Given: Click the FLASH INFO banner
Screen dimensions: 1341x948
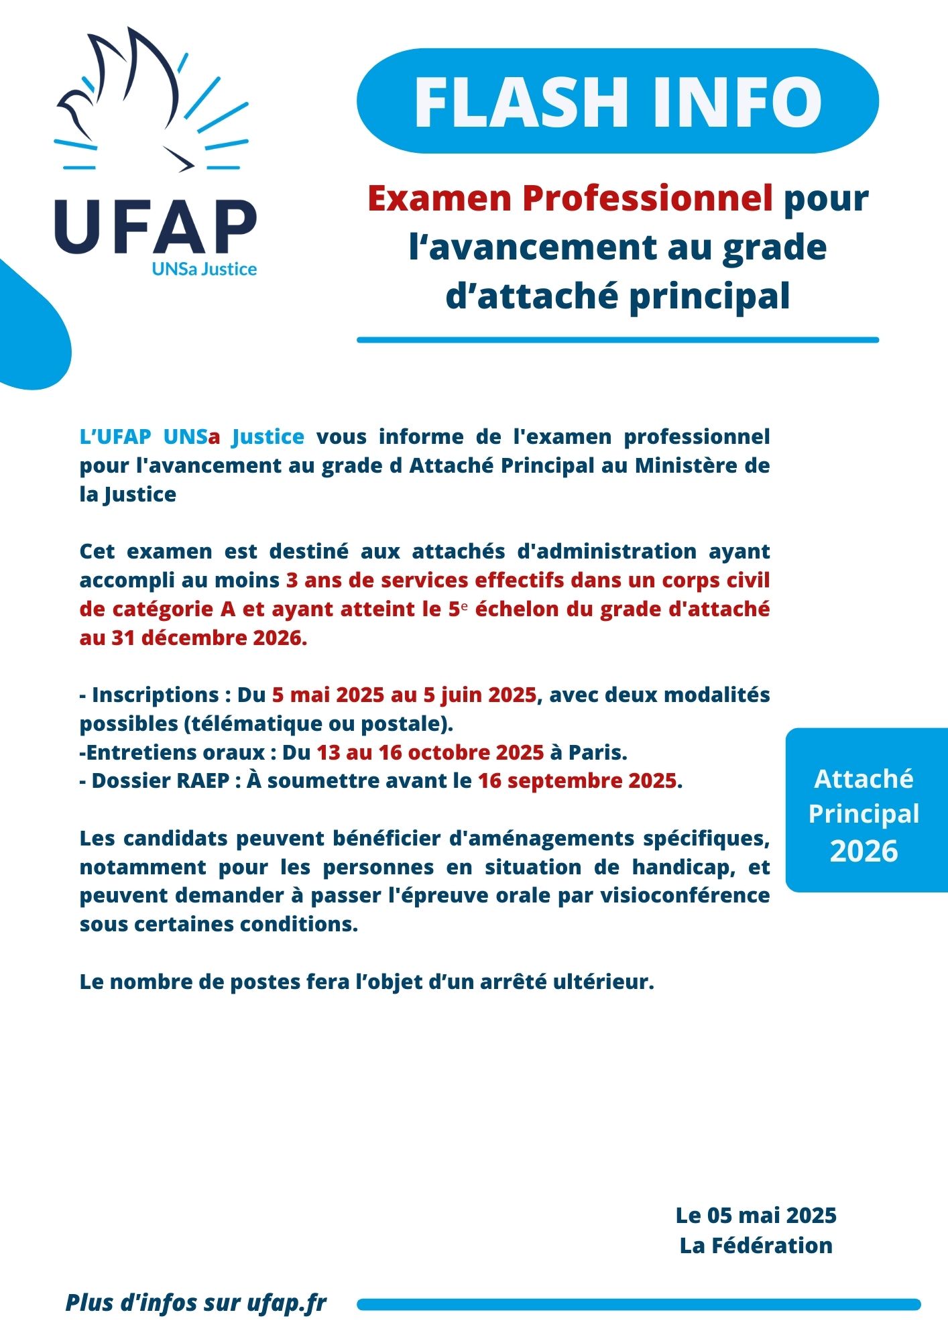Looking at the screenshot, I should click(617, 101).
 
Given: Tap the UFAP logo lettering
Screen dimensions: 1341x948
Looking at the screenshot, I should click(156, 227).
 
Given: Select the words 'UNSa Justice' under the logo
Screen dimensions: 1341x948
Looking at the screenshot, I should click(204, 270).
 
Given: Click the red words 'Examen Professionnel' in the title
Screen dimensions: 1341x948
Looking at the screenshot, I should click(570, 198).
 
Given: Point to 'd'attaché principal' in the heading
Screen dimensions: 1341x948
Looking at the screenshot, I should click(617, 295).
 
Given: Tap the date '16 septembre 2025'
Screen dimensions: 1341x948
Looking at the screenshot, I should click(577, 781).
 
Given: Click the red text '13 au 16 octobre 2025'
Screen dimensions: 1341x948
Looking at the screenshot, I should click(430, 752).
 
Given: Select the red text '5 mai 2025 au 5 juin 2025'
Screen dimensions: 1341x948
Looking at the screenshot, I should click(404, 695).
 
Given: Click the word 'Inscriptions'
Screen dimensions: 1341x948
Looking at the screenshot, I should click(156, 695).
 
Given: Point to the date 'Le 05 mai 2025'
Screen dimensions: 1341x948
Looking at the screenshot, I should click(756, 1216).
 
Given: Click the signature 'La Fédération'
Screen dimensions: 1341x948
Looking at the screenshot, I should click(756, 1246).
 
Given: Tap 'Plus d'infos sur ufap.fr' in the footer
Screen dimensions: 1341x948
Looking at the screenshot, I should click(196, 1303).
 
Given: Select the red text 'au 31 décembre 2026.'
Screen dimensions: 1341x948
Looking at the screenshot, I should click(193, 638).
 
